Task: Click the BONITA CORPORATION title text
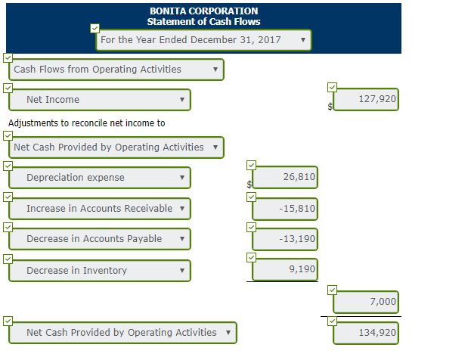point(203,11)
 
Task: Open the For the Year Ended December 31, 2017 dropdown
point(203,39)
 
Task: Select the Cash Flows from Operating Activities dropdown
point(116,70)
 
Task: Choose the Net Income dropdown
point(99,100)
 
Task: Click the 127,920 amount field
point(367,99)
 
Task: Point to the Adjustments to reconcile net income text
point(86,123)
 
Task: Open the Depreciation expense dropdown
point(99,178)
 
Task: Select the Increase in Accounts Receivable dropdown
point(99,209)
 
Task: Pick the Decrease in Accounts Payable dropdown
point(99,239)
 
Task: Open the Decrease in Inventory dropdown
point(99,271)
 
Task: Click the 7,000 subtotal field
point(367,302)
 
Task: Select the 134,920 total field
point(367,332)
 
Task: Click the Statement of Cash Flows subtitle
point(203,22)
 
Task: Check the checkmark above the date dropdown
point(95,29)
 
